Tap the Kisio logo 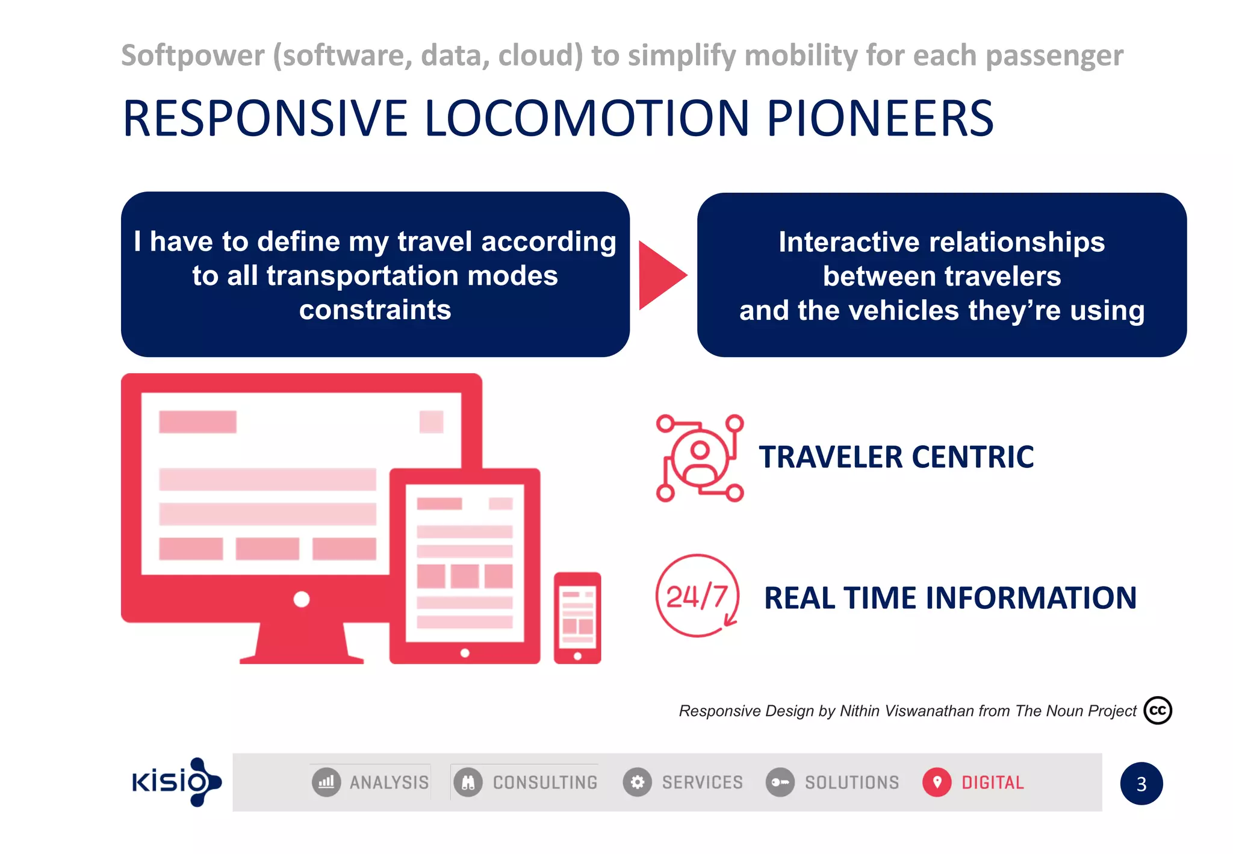click(176, 782)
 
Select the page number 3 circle click(1141, 784)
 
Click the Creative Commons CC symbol click(1157, 710)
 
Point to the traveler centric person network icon click(700, 458)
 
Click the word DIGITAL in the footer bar click(992, 782)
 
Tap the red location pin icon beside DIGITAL click(937, 782)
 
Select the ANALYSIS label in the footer click(389, 782)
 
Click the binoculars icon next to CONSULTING click(468, 782)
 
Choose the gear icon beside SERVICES click(638, 782)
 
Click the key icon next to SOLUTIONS click(780, 782)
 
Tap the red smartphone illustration click(577, 617)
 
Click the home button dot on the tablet click(465, 653)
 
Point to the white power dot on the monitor click(301, 599)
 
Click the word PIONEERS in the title click(880, 119)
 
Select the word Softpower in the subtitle click(193, 55)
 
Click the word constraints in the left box click(375, 310)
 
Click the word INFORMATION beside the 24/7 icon click(1031, 598)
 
